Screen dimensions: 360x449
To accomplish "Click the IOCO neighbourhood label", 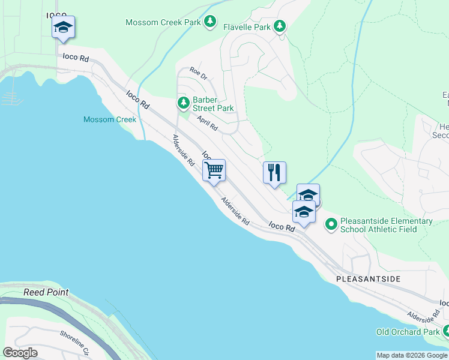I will (56, 13).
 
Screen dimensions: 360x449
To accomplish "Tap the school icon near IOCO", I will (63, 27).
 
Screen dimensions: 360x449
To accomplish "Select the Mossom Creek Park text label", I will (163, 22).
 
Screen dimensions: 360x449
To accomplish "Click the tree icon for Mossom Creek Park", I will (209, 22).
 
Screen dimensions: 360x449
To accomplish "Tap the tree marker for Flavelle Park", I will (280, 26).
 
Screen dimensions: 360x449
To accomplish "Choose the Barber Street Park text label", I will (213, 104).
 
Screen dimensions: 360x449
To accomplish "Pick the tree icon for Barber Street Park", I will (184, 103).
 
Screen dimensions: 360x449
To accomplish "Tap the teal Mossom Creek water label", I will (110, 119).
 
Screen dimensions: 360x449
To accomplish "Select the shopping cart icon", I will (214, 170).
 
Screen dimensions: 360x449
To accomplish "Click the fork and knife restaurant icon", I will (274, 173).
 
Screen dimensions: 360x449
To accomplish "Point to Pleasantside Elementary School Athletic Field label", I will (386, 225).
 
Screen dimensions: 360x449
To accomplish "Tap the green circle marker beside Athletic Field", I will (331, 225).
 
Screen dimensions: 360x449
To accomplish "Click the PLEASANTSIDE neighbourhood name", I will (367, 280).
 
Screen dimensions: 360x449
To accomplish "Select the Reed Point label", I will (46, 292).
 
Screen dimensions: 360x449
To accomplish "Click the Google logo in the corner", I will (20, 353).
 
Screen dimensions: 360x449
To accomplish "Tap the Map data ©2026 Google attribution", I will (412, 355).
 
